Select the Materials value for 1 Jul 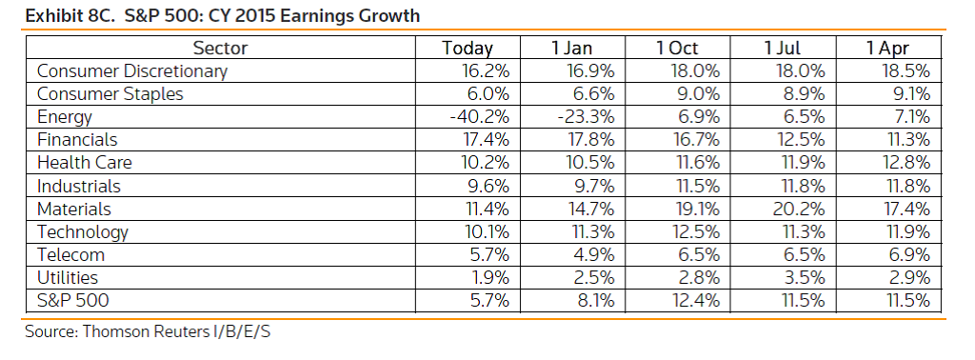(x=799, y=209)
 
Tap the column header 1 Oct (x=678, y=49)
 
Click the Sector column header (x=220, y=49)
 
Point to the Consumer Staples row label (x=110, y=94)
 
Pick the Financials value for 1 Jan (x=589, y=140)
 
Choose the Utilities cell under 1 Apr (x=907, y=277)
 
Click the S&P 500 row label (x=72, y=301)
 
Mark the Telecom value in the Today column (x=489, y=255)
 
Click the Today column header (x=467, y=49)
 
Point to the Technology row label (x=83, y=232)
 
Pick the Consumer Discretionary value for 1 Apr (x=905, y=70)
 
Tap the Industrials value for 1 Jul (x=801, y=186)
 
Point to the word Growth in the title (x=389, y=15)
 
